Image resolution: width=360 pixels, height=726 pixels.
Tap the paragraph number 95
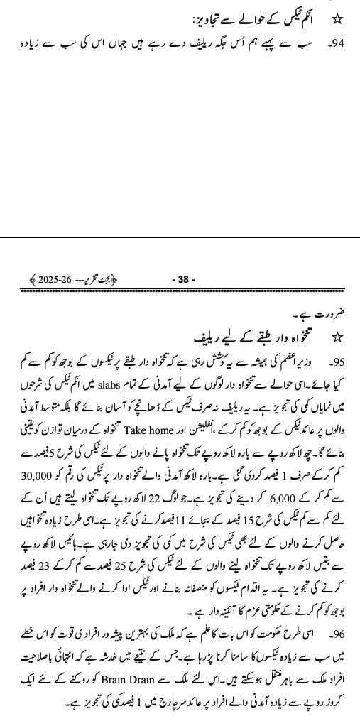tap(336, 354)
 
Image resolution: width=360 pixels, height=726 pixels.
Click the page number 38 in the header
tap(183, 280)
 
